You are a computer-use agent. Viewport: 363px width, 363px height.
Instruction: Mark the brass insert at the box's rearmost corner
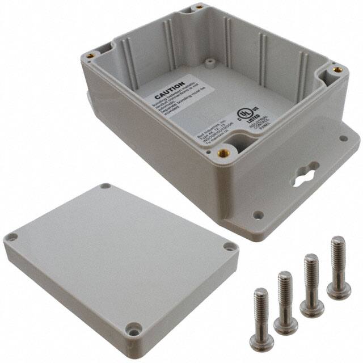[200, 7]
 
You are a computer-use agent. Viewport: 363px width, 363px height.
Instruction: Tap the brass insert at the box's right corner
[337, 69]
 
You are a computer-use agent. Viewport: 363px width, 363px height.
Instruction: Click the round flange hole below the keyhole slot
[258, 215]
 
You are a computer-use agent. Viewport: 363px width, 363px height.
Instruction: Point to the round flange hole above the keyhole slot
[343, 137]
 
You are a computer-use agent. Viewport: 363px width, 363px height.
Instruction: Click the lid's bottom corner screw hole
[134, 327]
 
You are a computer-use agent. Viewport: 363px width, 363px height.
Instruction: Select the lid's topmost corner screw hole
[106, 186]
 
